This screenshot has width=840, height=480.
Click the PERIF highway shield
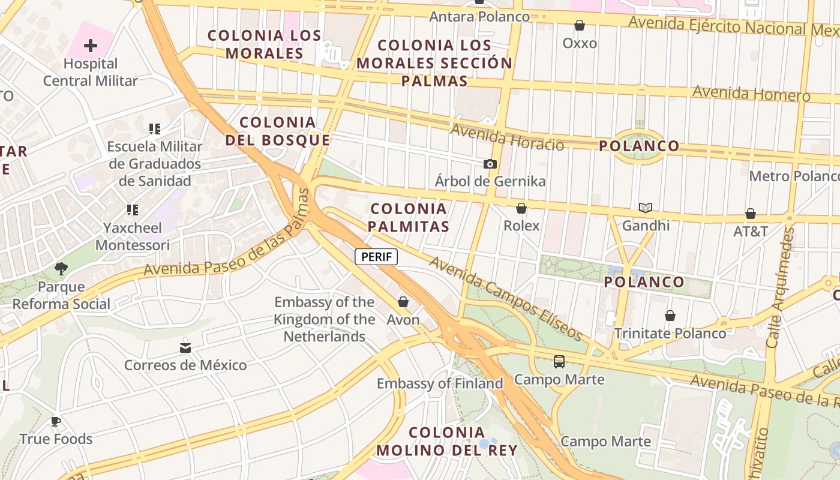(x=376, y=257)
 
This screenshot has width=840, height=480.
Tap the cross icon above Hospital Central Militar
(x=91, y=46)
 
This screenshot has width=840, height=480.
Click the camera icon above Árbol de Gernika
(x=490, y=164)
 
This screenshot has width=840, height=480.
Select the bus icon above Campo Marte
(x=559, y=362)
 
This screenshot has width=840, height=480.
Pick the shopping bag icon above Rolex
(x=521, y=208)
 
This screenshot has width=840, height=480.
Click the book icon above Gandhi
(x=646, y=208)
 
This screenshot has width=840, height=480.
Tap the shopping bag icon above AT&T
(x=751, y=214)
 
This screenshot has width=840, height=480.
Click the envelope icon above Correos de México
(x=185, y=348)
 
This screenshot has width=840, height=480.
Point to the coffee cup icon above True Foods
(x=56, y=422)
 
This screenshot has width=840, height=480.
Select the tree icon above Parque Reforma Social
(x=61, y=268)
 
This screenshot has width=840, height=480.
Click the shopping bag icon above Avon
(x=403, y=302)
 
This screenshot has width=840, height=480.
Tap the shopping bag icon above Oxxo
(x=580, y=25)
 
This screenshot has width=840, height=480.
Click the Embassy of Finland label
(x=440, y=383)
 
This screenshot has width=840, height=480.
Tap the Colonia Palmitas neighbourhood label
(x=409, y=217)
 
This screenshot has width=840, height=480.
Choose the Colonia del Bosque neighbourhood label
(x=278, y=131)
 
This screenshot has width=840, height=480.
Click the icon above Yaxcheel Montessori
(x=133, y=210)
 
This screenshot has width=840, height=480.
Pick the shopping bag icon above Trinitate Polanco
(x=670, y=316)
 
